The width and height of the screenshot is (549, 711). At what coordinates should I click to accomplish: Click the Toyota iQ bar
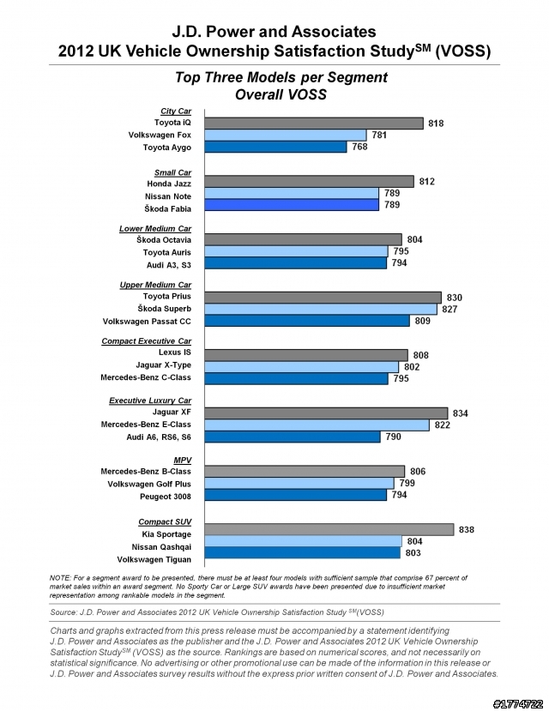point(314,124)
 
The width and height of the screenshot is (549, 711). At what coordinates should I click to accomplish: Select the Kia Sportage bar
point(329,530)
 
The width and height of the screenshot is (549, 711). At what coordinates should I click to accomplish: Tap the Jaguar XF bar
point(326,413)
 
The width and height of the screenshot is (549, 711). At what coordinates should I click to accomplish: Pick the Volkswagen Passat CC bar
point(307,321)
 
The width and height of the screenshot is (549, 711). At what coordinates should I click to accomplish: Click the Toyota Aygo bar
point(275,147)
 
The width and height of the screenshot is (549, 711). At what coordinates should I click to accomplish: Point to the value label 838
point(467,530)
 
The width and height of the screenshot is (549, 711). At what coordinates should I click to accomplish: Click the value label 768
point(359,147)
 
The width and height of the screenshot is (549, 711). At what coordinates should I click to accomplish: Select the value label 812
point(426,181)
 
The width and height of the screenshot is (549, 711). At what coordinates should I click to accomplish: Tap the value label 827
point(449,310)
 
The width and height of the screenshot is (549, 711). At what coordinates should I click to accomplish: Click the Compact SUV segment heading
point(165,522)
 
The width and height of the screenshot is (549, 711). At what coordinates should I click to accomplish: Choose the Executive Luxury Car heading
point(150,401)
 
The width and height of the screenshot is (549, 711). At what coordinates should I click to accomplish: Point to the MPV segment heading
point(183,461)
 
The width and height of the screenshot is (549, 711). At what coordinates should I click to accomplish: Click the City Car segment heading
point(176,111)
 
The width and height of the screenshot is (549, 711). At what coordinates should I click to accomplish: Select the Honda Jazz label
point(169,184)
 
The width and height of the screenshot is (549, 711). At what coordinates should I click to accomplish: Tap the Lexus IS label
point(175,352)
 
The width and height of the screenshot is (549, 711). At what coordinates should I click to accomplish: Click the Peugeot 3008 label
point(166,497)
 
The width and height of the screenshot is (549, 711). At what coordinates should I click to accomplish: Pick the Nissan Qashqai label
point(161,547)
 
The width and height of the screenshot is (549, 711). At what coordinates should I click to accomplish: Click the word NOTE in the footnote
point(60,578)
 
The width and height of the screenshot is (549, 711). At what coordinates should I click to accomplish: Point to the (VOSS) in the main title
point(463,51)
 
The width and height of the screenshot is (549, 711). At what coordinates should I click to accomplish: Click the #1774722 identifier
point(518,704)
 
